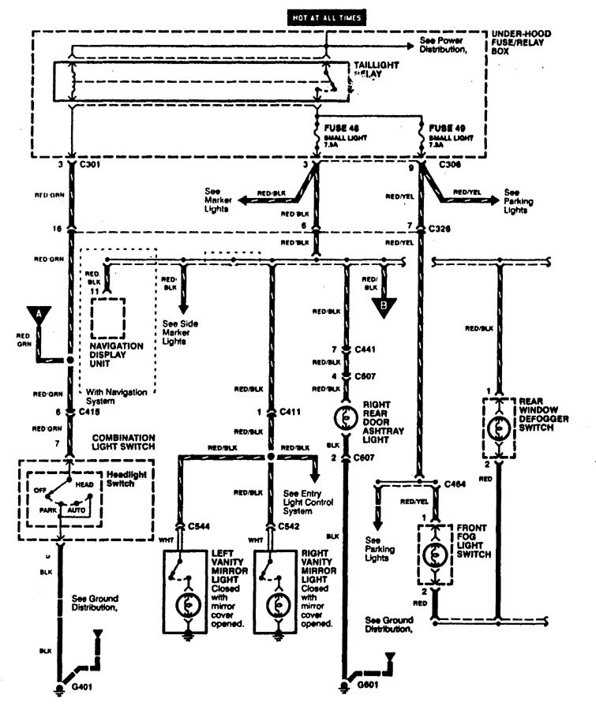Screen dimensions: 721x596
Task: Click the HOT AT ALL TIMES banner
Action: pyautogui.click(x=328, y=15)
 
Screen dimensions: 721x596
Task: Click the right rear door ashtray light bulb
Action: pyautogui.click(x=345, y=417)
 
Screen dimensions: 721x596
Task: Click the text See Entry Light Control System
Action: pyautogui.click(x=302, y=501)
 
